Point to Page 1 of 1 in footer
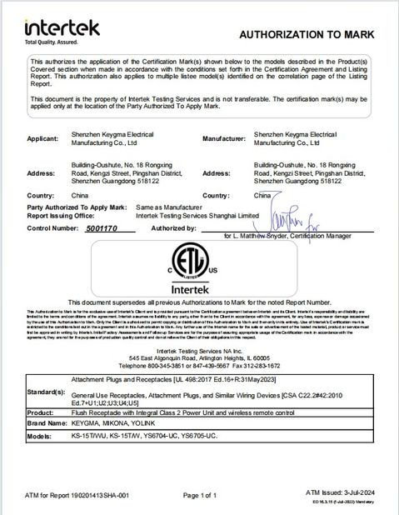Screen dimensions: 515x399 pos(203,495)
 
